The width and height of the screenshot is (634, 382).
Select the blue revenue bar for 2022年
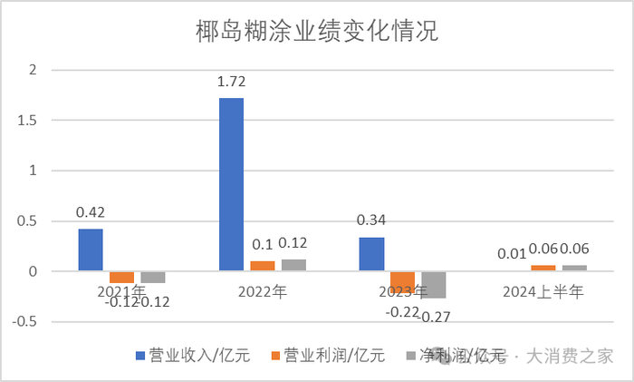tap(231, 184)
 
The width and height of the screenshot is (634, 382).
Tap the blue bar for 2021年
tap(91, 250)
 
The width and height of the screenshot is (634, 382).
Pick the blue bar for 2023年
tap(371, 254)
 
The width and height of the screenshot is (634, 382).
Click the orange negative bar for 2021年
tap(121, 277)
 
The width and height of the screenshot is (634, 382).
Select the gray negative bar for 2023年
tap(434, 285)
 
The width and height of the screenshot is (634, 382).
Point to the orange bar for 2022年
tap(262, 266)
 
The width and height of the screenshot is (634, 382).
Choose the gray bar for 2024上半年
tap(574, 268)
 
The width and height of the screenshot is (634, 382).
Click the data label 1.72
tap(231, 82)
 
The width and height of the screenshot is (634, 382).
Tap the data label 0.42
tap(91, 213)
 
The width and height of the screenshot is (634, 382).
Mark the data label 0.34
tap(371, 221)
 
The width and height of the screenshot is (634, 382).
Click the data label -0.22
tap(403, 310)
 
